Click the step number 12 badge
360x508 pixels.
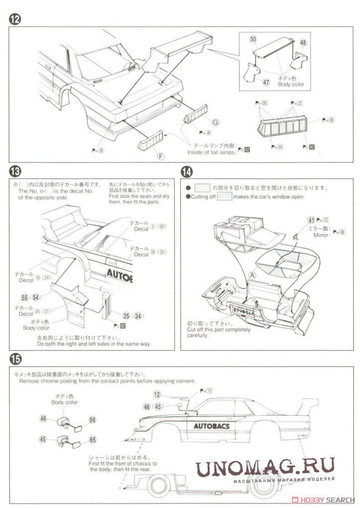click(15, 20)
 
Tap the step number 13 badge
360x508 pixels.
click(15, 172)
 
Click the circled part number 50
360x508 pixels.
click(253, 39)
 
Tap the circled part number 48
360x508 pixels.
click(303, 43)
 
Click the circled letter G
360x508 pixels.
click(215, 122)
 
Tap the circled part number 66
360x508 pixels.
click(92, 420)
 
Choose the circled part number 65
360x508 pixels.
click(92, 440)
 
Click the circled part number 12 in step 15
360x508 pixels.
click(157, 394)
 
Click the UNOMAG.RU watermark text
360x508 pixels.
click(264, 468)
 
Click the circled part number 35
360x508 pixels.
click(126, 315)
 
